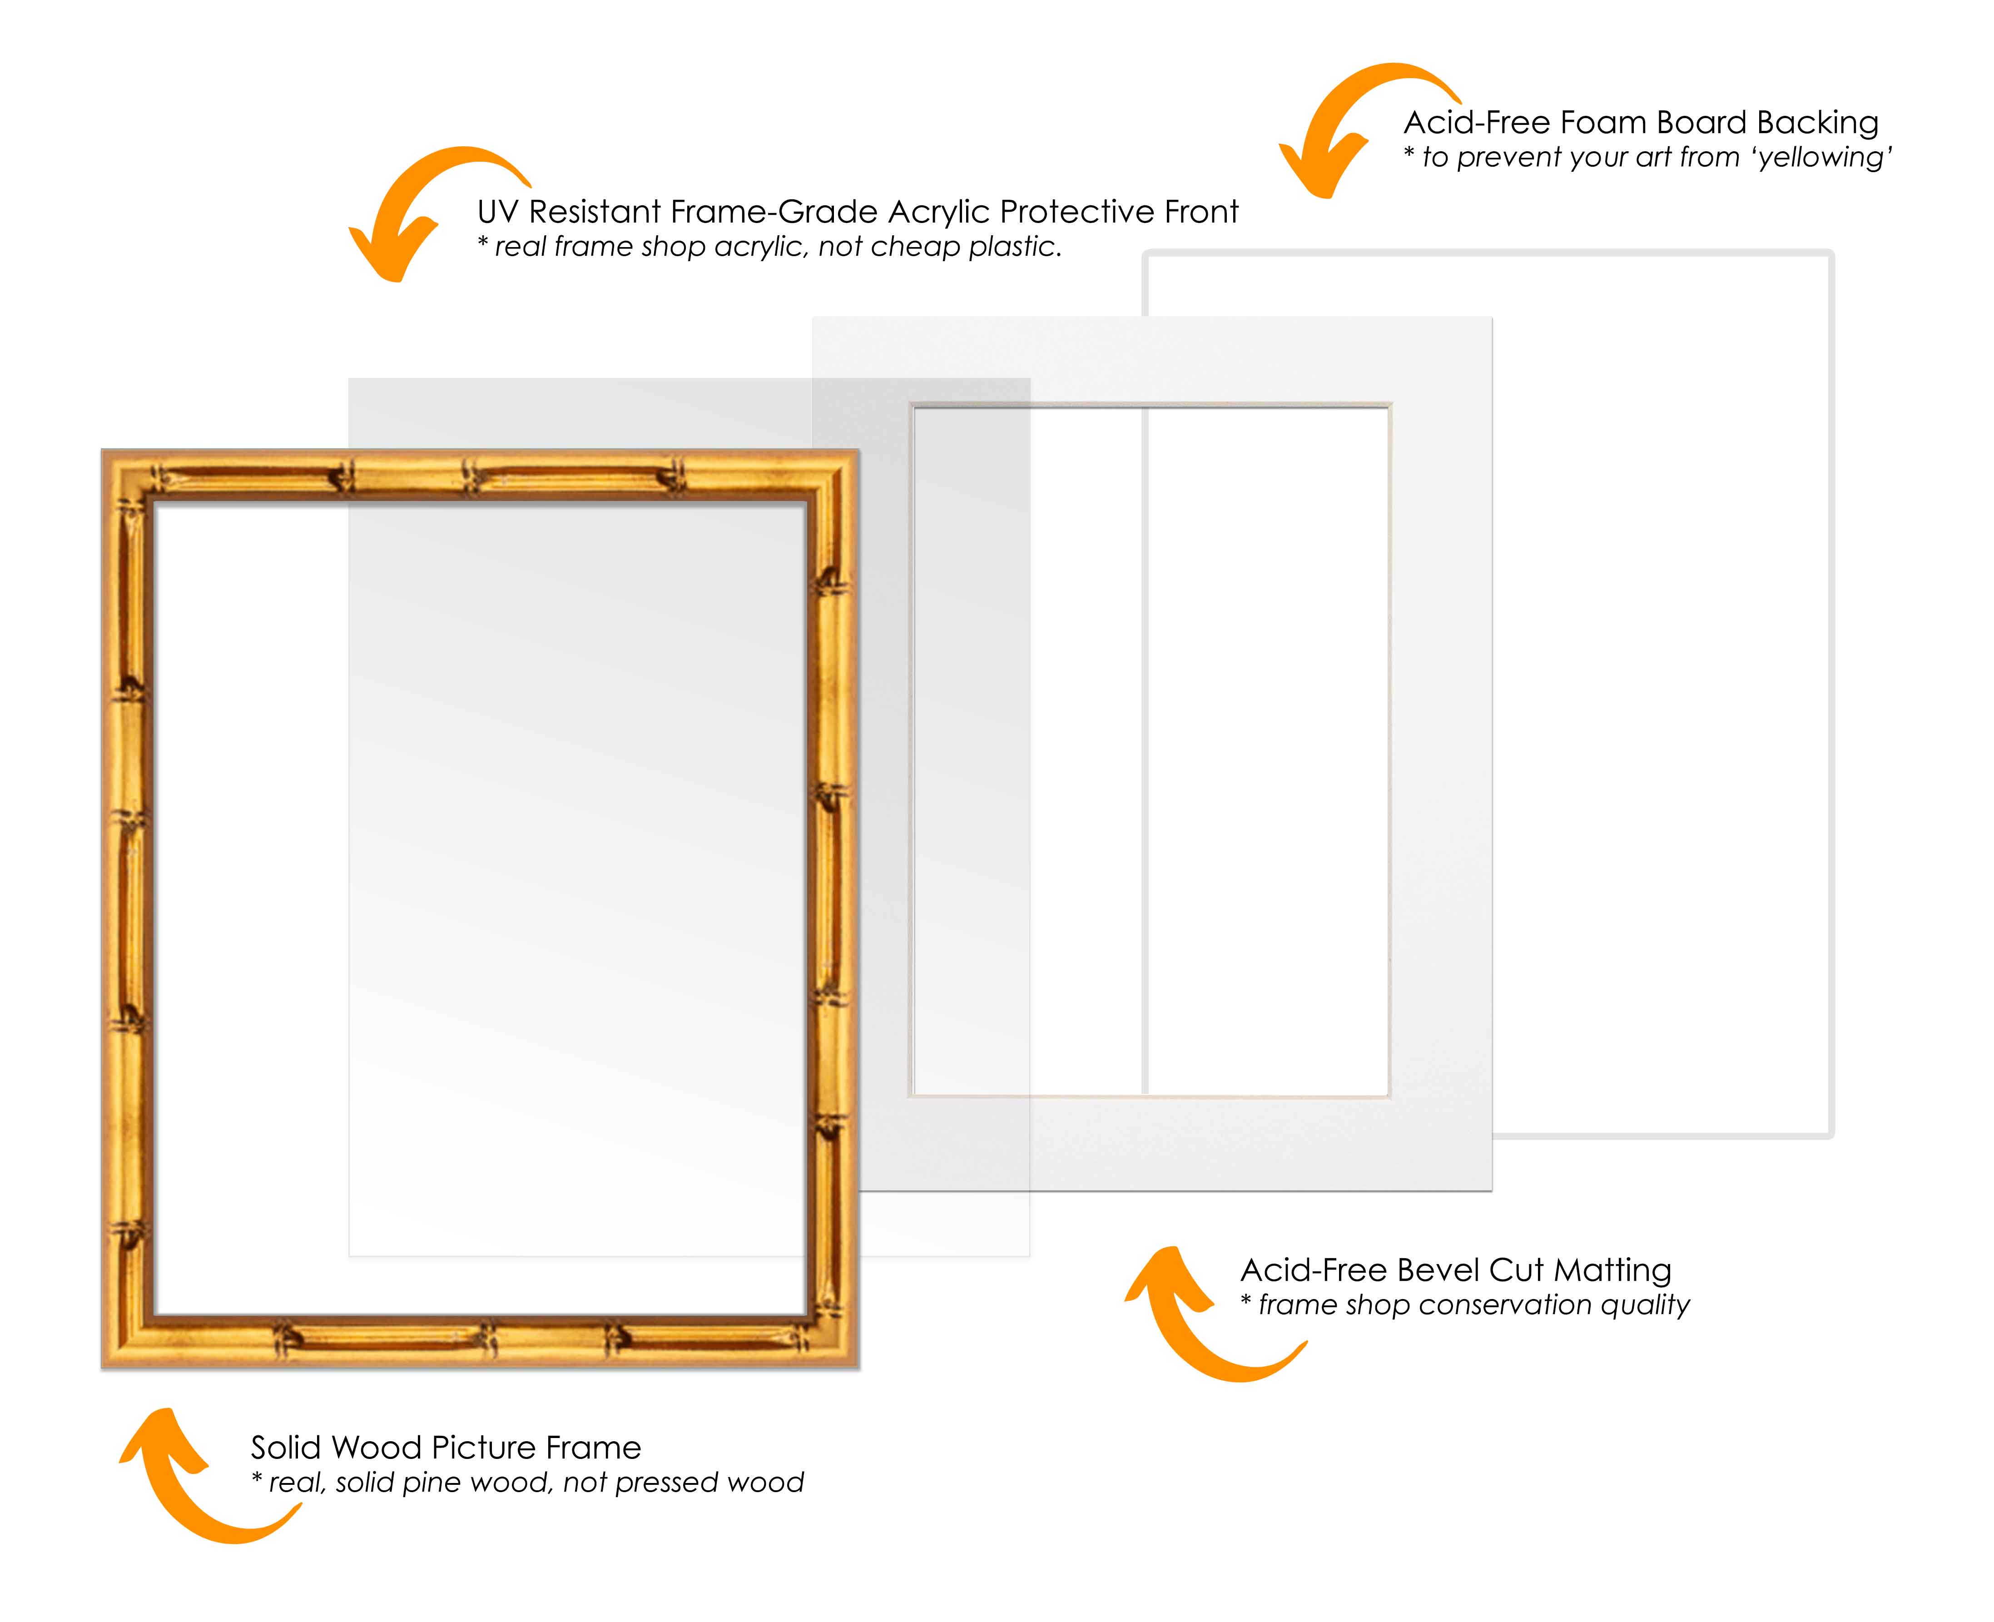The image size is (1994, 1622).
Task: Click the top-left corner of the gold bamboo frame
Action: pyautogui.click(x=102, y=450)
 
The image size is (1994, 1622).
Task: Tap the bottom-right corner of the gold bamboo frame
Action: pyautogui.click(x=859, y=1369)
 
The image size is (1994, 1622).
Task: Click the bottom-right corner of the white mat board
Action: pyautogui.click(x=1491, y=1190)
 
